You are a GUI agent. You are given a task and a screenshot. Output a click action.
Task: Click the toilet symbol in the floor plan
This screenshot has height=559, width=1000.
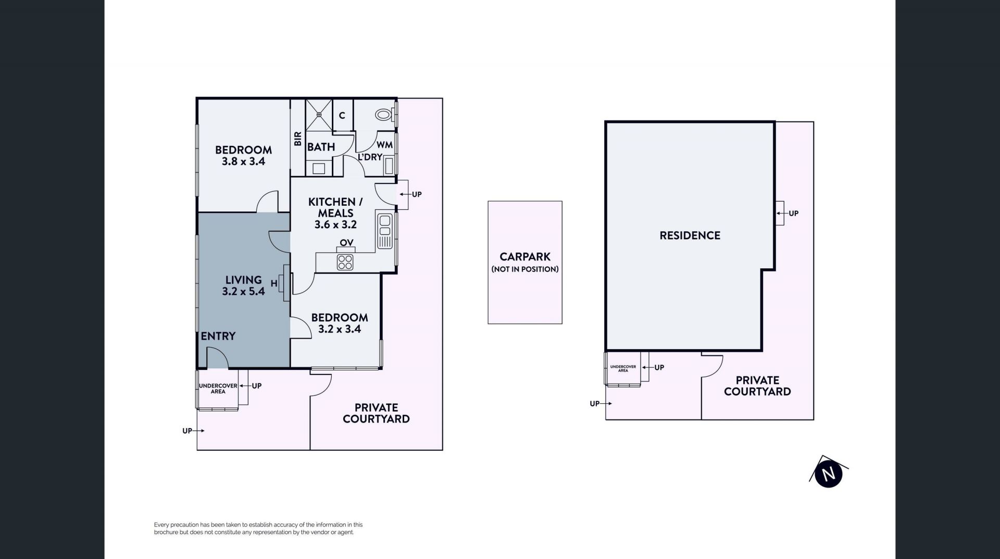tap(384, 114)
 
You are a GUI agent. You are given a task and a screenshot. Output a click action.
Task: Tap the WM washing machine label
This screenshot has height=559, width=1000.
tap(384, 145)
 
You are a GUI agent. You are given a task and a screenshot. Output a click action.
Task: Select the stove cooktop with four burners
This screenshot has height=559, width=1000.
tap(345, 262)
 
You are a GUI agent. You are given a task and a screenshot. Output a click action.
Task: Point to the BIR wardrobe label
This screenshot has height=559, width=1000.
tap(298, 139)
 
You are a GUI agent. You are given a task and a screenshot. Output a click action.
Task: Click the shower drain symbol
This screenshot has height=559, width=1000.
tap(319, 114)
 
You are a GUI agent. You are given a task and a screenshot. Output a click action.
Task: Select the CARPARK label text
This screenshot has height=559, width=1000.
tap(525, 257)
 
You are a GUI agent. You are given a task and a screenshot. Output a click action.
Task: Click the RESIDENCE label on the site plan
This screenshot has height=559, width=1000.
tap(690, 235)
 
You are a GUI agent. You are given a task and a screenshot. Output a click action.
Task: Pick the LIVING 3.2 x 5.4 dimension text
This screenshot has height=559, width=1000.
tap(244, 291)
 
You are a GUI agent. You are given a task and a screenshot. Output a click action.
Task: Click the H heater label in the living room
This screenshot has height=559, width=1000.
tap(274, 283)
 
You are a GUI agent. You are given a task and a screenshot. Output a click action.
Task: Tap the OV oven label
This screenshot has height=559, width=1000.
tap(346, 243)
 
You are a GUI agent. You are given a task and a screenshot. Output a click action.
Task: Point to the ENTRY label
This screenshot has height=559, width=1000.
tap(218, 336)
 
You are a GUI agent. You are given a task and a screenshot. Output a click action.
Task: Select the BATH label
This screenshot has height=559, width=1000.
tap(321, 147)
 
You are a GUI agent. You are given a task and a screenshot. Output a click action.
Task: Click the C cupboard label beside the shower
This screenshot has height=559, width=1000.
tap(342, 115)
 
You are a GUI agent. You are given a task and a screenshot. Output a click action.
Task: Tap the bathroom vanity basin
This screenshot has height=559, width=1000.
tap(319, 168)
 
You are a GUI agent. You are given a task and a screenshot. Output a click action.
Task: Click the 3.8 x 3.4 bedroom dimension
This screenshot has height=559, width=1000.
tap(244, 162)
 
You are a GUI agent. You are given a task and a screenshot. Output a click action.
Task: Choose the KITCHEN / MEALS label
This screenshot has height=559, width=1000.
tap(335, 207)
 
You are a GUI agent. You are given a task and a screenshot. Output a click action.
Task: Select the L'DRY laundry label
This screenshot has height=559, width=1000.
tap(370, 157)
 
